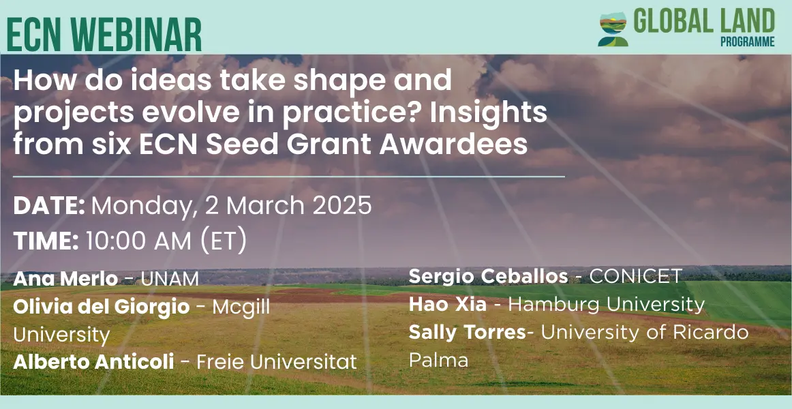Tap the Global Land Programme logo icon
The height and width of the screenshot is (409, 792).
click(613, 29)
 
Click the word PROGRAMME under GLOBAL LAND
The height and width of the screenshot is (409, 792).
click(748, 42)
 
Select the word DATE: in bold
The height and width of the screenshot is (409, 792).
click(49, 206)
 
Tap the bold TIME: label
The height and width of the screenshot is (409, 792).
click(46, 241)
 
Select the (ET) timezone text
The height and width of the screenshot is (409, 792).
click(224, 242)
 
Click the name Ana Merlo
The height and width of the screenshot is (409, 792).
click(65, 279)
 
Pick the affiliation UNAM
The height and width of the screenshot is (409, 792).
click(170, 279)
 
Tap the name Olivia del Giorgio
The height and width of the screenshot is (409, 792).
click(102, 307)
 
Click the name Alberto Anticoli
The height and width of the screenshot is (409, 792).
click(93, 361)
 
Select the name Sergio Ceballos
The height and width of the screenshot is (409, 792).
click(489, 276)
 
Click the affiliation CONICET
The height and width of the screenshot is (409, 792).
click(636, 276)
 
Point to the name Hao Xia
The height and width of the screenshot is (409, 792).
click(448, 305)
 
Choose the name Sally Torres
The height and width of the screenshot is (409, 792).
click(467, 332)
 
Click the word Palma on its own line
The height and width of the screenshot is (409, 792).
click(438, 360)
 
